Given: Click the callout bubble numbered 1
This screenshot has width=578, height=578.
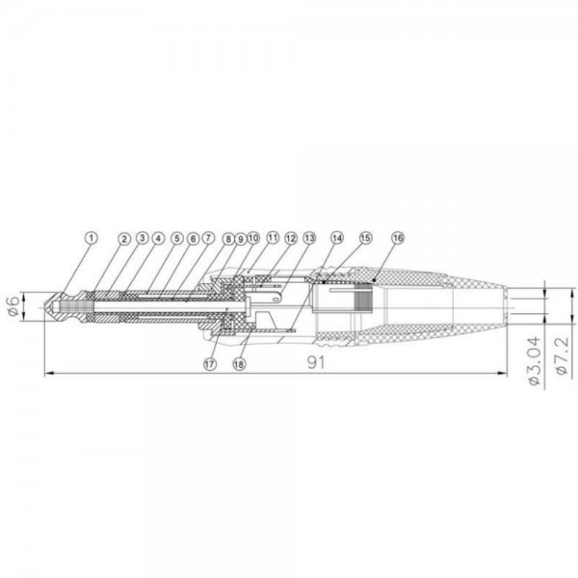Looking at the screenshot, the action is [x=92, y=238].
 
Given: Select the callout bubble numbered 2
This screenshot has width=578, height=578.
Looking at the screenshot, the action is [x=124, y=239].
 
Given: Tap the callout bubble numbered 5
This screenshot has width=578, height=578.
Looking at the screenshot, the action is [x=177, y=238].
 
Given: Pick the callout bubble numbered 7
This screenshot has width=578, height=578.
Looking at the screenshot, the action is [x=208, y=238].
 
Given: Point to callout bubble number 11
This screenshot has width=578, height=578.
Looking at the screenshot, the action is [x=273, y=237].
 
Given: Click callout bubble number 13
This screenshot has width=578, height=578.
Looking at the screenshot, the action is [x=309, y=238].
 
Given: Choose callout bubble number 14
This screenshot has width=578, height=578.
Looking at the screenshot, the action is [x=336, y=238].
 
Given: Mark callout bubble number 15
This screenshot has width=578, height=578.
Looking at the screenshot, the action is [x=365, y=238].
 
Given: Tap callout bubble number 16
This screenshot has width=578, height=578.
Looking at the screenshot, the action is [x=398, y=238].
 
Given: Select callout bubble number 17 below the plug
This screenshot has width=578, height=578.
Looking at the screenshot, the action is [x=210, y=364].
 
